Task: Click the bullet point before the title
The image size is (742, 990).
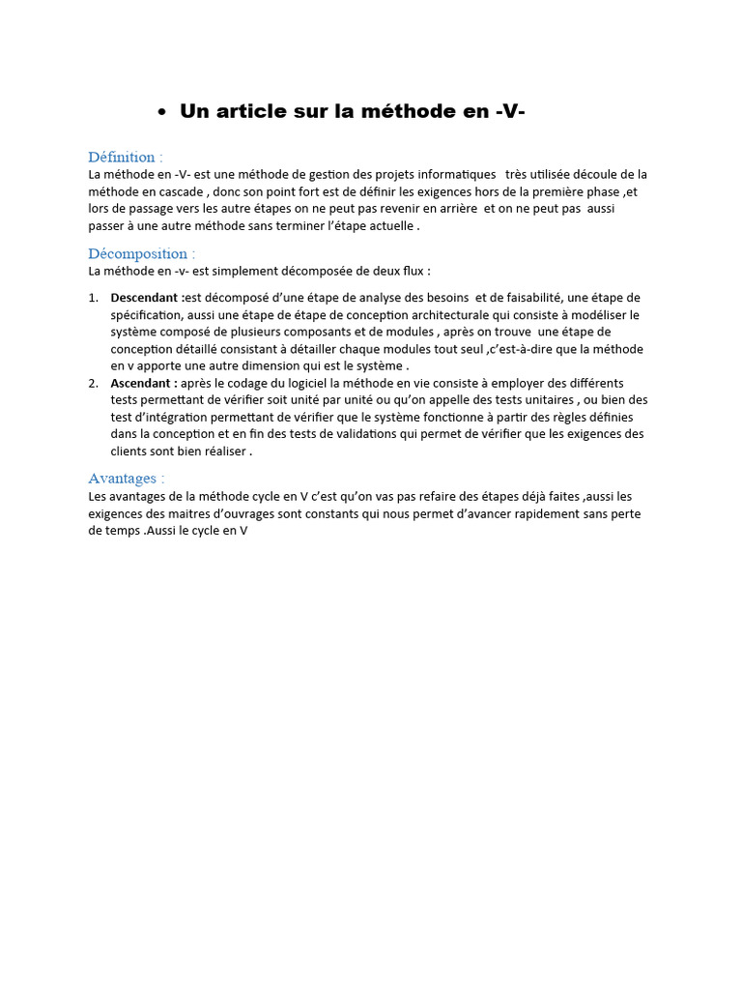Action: pos(162,113)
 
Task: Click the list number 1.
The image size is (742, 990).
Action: pos(93,298)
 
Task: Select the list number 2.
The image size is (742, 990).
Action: pos(93,383)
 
